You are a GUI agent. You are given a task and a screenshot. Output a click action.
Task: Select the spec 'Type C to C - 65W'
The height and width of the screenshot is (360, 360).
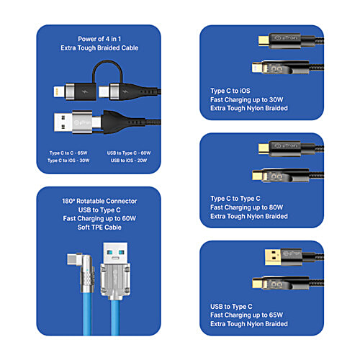coord(68,153)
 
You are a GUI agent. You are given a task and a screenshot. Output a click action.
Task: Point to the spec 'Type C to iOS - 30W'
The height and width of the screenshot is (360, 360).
coord(68,161)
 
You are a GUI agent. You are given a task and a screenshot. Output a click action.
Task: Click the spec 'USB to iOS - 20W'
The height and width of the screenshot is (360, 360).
coord(130,161)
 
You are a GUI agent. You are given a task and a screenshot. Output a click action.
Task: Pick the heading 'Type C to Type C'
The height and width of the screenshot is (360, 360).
coord(235,198)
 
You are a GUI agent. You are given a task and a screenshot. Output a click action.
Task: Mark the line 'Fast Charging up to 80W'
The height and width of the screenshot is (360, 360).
coord(247,207)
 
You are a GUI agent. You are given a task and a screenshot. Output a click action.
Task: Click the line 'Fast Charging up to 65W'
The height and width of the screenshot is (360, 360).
coord(247,315)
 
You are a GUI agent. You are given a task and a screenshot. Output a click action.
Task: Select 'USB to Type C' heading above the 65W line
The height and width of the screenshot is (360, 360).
coord(232,306)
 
